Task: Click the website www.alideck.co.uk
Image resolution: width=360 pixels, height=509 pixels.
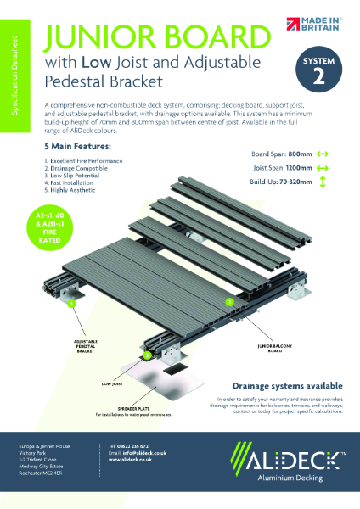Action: coord(128,461)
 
